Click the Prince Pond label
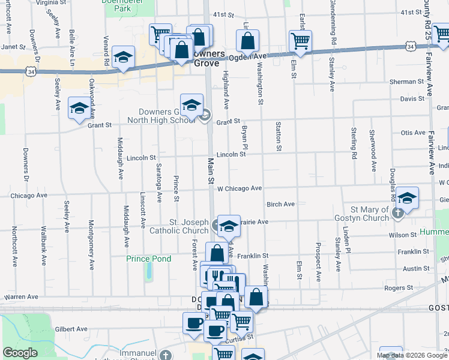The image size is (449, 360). coord(149,259)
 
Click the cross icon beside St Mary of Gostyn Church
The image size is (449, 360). coord(397,213)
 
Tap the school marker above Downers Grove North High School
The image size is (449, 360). coord(191,105)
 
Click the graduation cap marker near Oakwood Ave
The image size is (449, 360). coord(79,108)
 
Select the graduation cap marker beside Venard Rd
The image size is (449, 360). coord(123,58)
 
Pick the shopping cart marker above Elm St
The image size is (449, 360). coord(300,41)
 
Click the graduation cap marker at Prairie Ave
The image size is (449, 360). coord(228,226)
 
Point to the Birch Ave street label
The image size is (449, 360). coord(281,204)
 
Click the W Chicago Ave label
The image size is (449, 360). coord(240,188)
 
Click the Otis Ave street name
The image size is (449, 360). coord(412,133)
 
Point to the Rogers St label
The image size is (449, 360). coord(399,288)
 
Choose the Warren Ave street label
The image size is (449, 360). coord(21,296)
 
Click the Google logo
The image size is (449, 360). coord(20,353)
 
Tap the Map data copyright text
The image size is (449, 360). coord(411,355)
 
